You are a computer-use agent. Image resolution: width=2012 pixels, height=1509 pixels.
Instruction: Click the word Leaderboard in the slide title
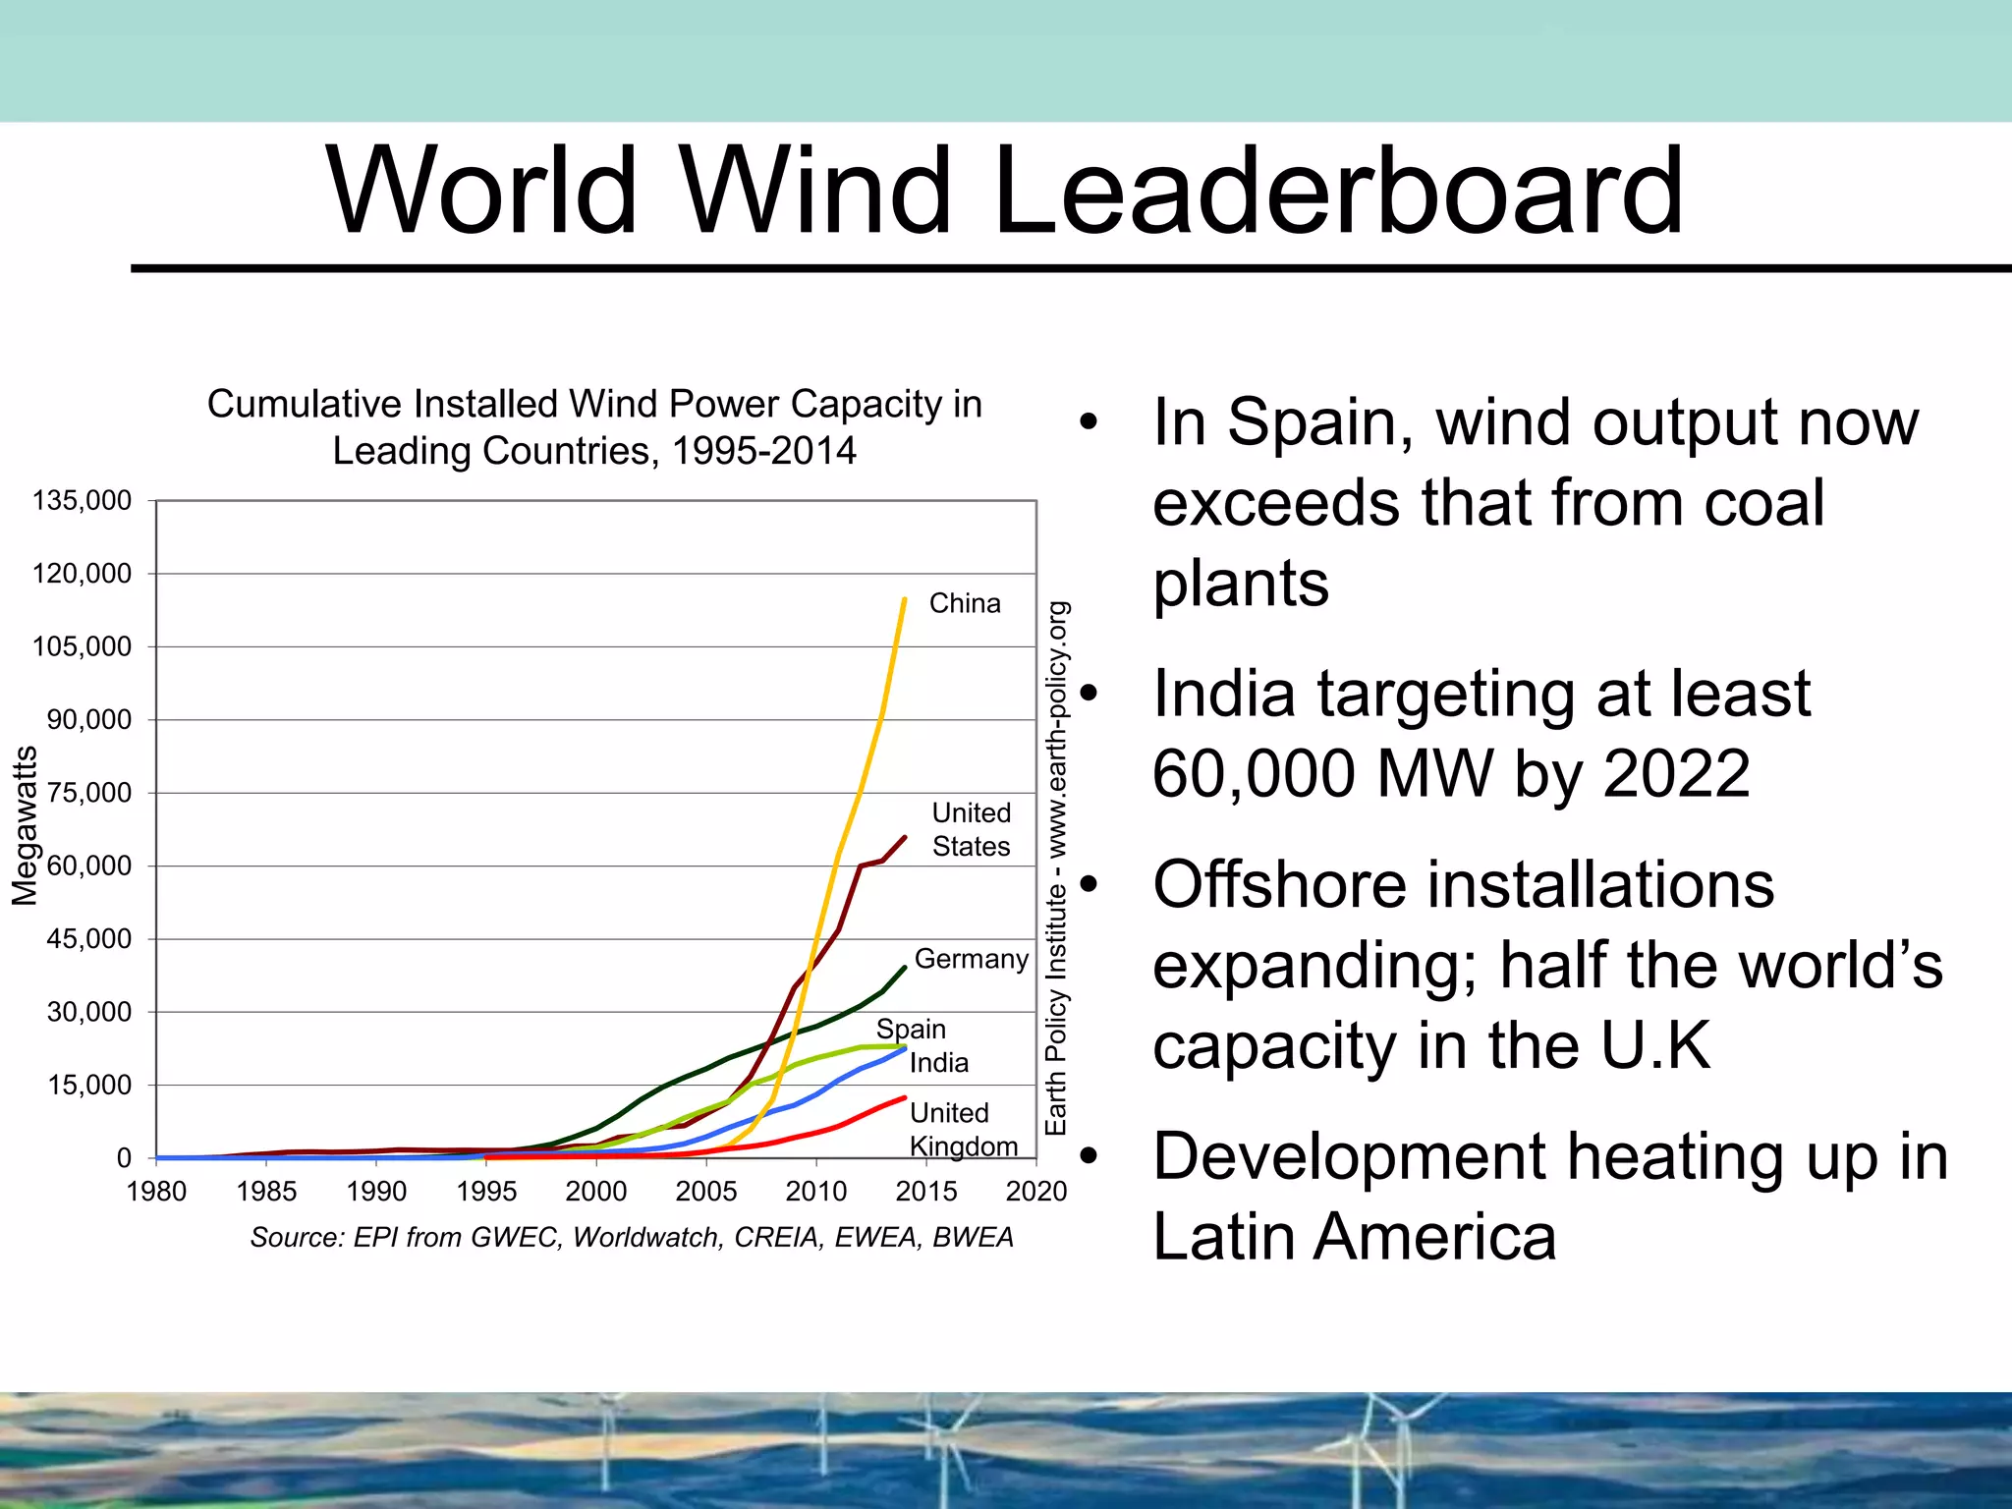click(1338, 191)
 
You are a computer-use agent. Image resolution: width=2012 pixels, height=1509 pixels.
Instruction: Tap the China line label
click(965, 603)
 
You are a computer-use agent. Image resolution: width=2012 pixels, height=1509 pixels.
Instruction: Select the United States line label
click(971, 829)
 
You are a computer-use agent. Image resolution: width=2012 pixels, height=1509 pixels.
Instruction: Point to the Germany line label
click(971, 959)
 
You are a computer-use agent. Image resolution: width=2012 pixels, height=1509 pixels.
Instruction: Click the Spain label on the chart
click(911, 1029)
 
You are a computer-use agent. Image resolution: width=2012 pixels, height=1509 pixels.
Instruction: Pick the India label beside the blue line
click(938, 1063)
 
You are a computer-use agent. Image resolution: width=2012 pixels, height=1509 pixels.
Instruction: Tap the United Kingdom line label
click(962, 1130)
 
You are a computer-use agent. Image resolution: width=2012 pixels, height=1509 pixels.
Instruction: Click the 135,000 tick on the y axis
click(82, 501)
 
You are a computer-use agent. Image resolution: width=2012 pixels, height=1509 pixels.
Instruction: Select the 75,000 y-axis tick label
click(88, 793)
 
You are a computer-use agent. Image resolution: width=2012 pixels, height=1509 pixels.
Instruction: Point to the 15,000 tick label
click(88, 1086)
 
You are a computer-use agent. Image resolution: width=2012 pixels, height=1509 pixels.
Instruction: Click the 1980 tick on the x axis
click(156, 1192)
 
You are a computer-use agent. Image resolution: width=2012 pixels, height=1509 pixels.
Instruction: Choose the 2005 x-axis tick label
click(705, 1192)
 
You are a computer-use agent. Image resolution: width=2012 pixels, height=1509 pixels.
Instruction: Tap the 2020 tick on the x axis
click(1035, 1192)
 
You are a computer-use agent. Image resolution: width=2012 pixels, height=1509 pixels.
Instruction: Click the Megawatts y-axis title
click(25, 825)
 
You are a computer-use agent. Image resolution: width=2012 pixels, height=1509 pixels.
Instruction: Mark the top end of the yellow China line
click(904, 598)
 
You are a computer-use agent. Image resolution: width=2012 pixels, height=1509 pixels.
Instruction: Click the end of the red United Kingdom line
click(904, 1097)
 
